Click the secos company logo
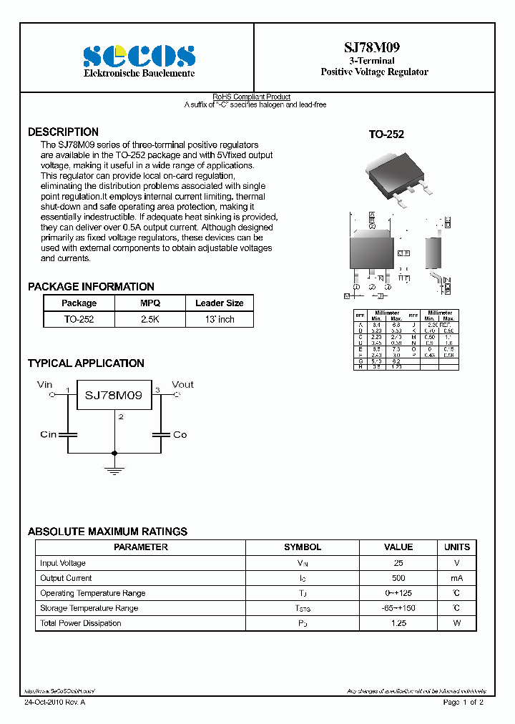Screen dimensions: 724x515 coord(139,55)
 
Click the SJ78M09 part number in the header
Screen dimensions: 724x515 coord(374,47)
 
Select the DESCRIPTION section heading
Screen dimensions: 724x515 coord(63,132)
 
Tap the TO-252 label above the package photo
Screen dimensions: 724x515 coord(386,134)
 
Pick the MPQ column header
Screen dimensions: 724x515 coord(150,303)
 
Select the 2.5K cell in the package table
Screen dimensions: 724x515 coord(150,319)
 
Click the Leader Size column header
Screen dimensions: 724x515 coord(219,303)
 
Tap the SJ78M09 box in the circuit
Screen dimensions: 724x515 coord(114,395)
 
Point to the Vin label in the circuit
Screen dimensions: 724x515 coord(45,384)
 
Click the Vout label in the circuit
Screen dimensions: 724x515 coord(182,384)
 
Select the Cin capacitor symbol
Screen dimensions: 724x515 coord(68,434)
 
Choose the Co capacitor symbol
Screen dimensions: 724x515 coord(161,434)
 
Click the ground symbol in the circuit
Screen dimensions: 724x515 coord(114,469)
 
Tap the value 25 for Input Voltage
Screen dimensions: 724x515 coord(398,563)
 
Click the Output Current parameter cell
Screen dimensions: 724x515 coord(66,578)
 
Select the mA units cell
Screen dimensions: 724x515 coord(456,578)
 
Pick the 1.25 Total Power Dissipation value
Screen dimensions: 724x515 coord(398,623)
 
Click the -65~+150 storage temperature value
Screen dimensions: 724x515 coord(398,608)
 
